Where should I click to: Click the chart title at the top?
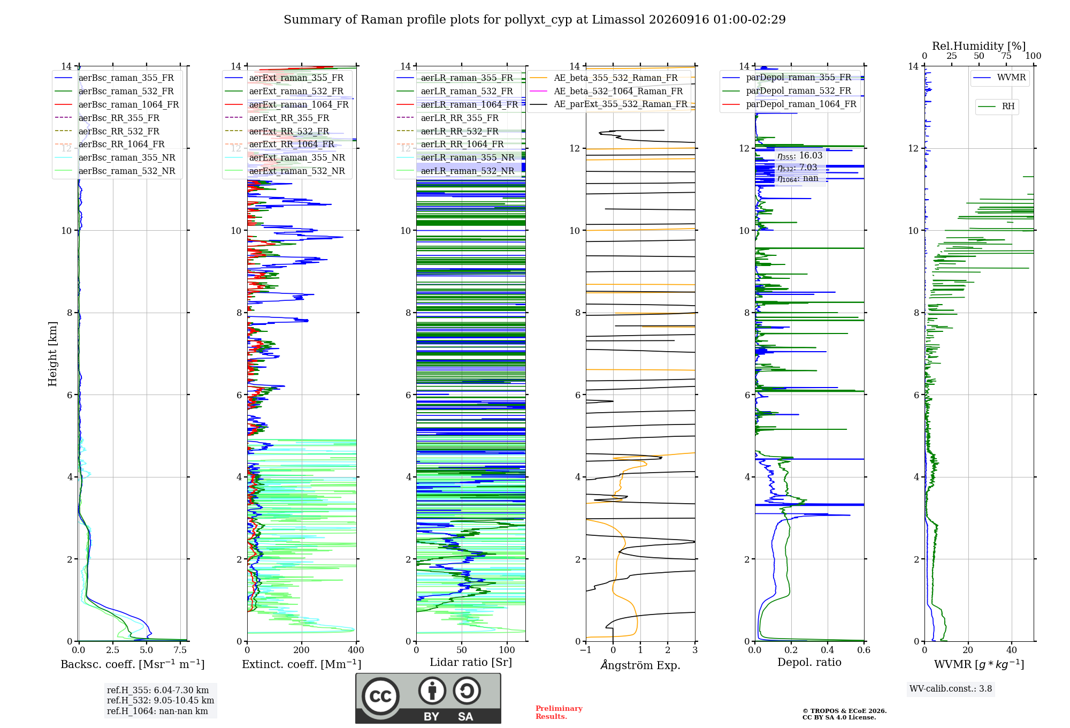[534, 20]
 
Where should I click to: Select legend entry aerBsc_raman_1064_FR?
[128, 104]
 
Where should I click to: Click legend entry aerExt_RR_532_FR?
[289, 131]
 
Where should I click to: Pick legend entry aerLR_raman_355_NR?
[468, 157]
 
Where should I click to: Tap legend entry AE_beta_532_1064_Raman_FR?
[618, 91]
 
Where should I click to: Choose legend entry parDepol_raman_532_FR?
[798, 90]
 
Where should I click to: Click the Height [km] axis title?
[52, 354]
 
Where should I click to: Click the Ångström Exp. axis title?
[640, 665]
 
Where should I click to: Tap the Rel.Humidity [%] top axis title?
[979, 46]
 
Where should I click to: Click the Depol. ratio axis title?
[809, 662]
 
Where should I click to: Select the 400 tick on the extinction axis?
[356, 650]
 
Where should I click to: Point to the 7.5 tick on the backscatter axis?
[180, 650]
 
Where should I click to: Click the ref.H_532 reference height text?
[160, 700]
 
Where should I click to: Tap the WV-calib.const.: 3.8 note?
[951, 688]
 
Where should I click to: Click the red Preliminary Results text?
[559, 712]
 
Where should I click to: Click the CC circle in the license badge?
[380, 696]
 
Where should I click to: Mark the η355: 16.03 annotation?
[800, 156]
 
